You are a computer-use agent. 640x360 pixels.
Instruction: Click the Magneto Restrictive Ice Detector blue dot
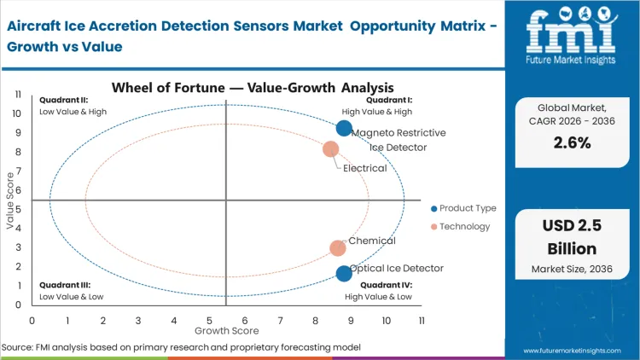click(x=344, y=129)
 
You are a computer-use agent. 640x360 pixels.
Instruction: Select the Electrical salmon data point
click(x=331, y=149)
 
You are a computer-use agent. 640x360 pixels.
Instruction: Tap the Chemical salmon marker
click(x=338, y=248)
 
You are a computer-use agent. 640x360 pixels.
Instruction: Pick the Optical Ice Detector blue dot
click(x=344, y=274)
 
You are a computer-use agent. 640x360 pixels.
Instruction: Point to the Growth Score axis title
click(x=225, y=331)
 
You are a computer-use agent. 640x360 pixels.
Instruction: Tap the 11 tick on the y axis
click(x=16, y=95)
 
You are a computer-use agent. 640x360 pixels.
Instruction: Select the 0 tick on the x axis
click(x=32, y=320)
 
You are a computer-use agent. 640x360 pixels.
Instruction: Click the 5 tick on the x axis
click(x=209, y=320)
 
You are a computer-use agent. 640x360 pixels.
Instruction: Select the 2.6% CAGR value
click(x=572, y=143)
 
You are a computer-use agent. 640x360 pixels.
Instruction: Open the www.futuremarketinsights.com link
click(x=573, y=350)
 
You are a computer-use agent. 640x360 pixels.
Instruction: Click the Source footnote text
click(x=181, y=347)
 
